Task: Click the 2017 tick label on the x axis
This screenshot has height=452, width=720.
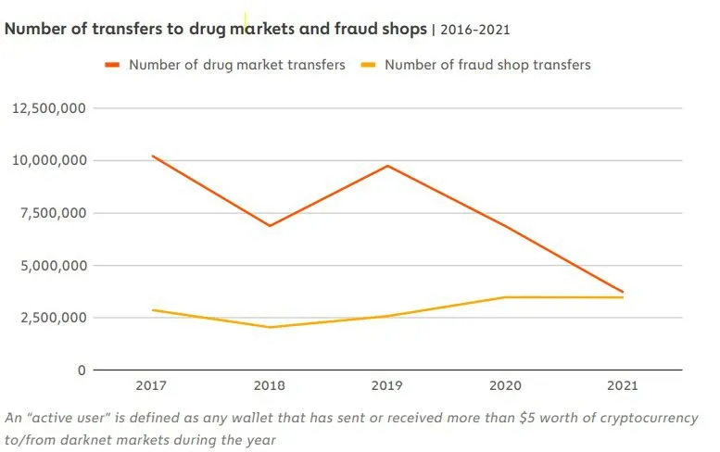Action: click(x=152, y=384)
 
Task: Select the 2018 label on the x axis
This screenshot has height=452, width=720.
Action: click(x=270, y=384)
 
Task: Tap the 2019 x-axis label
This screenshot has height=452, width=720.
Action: click(x=387, y=384)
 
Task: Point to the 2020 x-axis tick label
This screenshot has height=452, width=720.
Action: click(x=505, y=384)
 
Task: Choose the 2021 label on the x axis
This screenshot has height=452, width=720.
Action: click(x=623, y=384)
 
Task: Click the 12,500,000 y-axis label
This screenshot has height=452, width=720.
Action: click(x=47, y=108)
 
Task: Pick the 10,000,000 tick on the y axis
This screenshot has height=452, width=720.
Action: click(x=47, y=160)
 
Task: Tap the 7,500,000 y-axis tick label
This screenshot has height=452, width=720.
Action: click(x=51, y=213)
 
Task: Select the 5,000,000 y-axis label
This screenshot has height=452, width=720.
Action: click(x=51, y=266)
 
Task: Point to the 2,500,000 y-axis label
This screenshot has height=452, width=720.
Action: click(x=51, y=318)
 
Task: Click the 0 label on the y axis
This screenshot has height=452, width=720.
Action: click(x=82, y=370)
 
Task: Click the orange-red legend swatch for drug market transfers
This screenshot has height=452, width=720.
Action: click(x=112, y=65)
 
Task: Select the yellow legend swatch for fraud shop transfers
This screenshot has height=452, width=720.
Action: click(x=368, y=65)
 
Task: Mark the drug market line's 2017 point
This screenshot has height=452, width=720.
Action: click(x=152, y=156)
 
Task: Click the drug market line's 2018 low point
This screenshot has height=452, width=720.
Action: click(x=270, y=226)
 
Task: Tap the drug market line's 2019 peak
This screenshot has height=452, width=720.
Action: click(x=387, y=166)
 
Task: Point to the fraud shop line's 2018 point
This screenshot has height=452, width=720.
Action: click(x=270, y=327)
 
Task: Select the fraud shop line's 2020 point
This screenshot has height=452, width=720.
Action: click(x=505, y=297)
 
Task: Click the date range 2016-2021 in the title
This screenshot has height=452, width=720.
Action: click(x=474, y=30)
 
